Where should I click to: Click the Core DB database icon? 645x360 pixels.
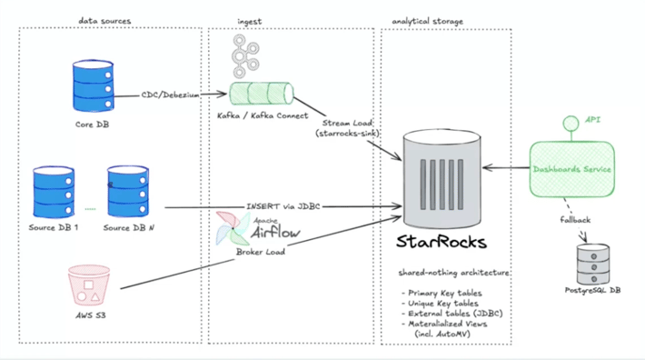(x=91, y=86)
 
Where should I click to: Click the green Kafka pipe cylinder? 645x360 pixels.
(x=262, y=94)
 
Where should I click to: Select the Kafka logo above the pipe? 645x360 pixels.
(x=244, y=55)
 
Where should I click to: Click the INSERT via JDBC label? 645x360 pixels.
(x=283, y=206)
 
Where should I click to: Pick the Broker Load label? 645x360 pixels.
(x=261, y=252)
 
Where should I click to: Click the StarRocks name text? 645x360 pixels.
(x=441, y=242)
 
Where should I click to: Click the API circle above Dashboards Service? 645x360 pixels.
(x=571, y=123)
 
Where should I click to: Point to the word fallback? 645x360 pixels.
(x=574, y=220)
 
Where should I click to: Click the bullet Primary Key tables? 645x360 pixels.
(x=442, y=292)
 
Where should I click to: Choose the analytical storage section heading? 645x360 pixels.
(x=427, y=19)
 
